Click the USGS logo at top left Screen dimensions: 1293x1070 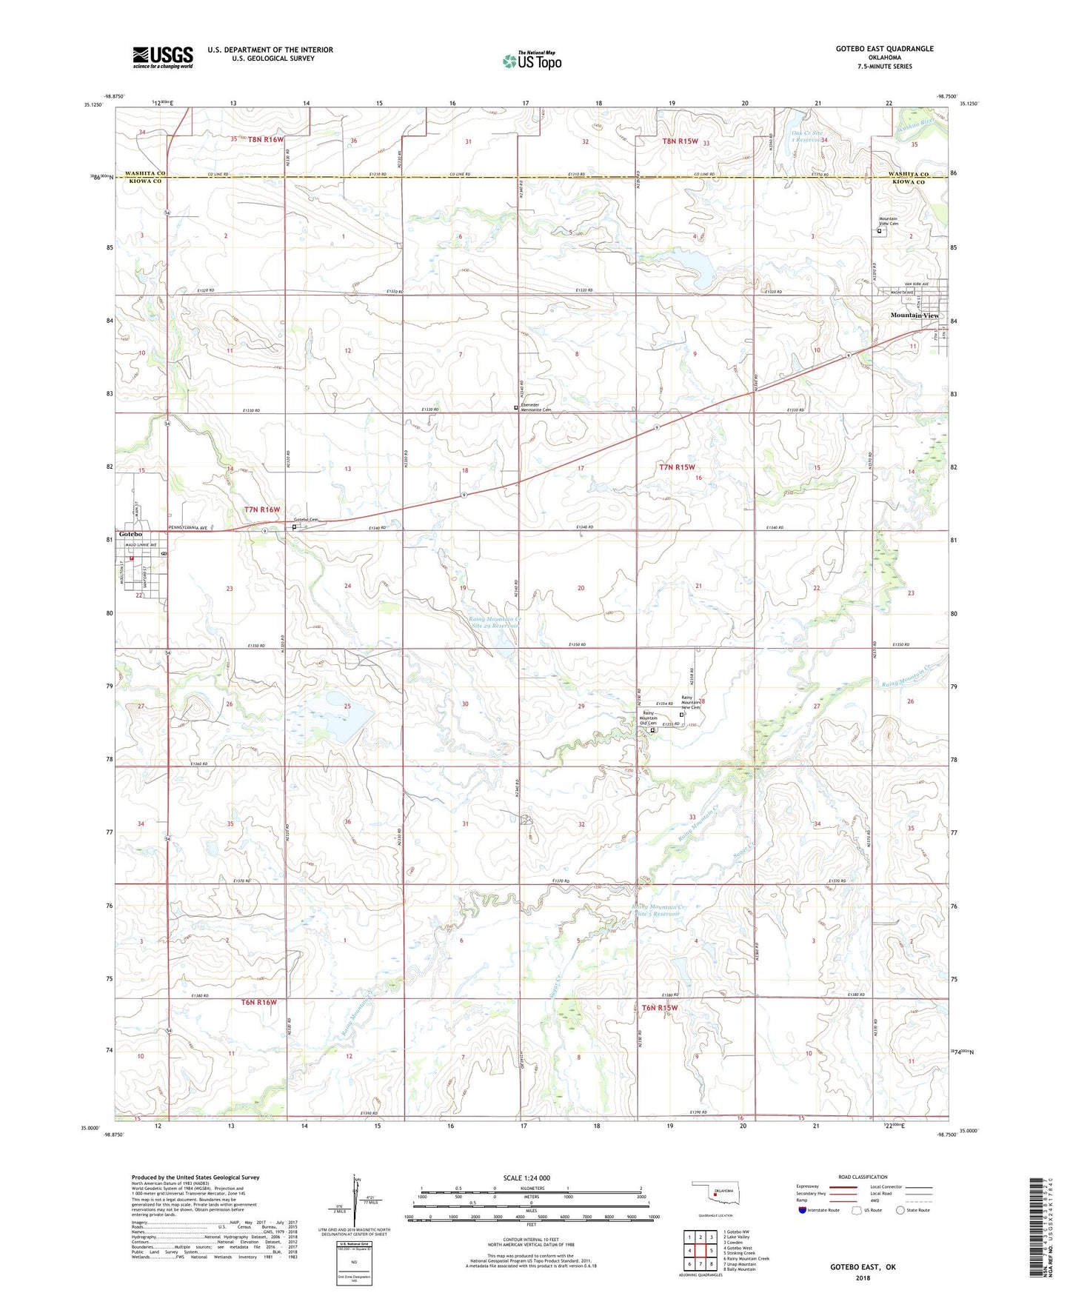click(x=163, y=57)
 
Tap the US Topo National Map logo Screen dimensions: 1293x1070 click(x=532, y=60)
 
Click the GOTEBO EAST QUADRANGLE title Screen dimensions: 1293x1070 click(x=884, y=49)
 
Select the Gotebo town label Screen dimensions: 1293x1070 click(x=130, y=535)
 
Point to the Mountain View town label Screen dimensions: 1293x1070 click(x=914, y=315)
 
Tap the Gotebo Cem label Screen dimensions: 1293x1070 click(x=306, y=521)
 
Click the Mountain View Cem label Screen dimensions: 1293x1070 click(x=888, y=221)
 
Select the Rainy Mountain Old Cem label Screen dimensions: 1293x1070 click(x=648, y=718)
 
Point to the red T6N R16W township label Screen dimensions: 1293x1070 click(x=258, y=1002)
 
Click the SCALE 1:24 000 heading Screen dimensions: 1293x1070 click(x=526, y=1178)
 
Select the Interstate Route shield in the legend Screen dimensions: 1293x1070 click(x=803, y=1210)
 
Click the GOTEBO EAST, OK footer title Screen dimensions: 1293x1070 click(x=863, y=1267)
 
